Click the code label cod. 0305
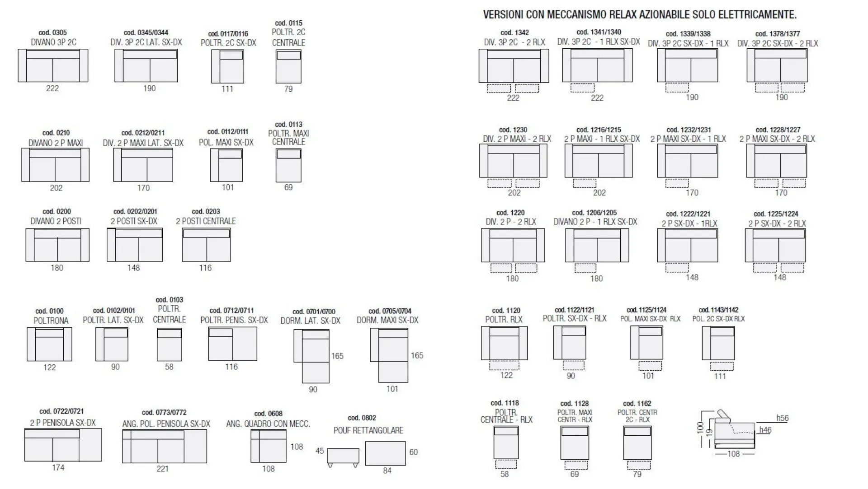(52, 33)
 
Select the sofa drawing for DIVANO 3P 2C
(53, 65)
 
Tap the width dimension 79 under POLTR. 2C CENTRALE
(288, 89)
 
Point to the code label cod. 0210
(56, 133)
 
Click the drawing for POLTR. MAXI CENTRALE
(288, 165)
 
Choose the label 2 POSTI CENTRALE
(206, 221)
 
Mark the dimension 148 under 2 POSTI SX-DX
(133, 268)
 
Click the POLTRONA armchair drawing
(49, 344)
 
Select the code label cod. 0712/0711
(231, 311)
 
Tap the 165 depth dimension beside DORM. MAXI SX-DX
(417, 355)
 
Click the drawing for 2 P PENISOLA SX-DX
(63, 445)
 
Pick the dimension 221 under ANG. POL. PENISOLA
(162, 469)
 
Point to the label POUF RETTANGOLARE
(368, 430)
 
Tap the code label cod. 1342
(514, 33)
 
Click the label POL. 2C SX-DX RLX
(718, 319)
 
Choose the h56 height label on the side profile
(783, 418)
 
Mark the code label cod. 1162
(637, 404)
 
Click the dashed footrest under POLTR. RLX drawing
(504, 365)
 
